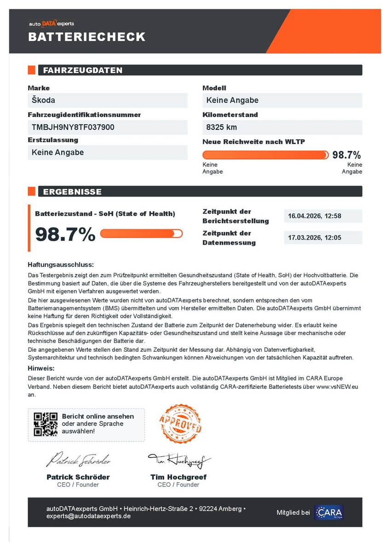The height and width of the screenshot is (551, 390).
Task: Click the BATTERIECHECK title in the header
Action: pyautogui.click(x=86, y=37)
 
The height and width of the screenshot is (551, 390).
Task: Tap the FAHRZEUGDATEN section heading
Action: pyautogui.click(x=83, y=70)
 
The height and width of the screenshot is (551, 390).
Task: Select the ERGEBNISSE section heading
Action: pyautogui.click(x=72, y=191)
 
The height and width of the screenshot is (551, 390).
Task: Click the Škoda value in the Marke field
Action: pyautogui.click(x=44, y=100)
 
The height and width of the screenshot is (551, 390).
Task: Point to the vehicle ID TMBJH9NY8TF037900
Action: pyautogui.click(x=73, y=127)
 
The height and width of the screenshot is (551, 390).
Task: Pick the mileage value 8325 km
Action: pyautogui.click(x=222, y=127)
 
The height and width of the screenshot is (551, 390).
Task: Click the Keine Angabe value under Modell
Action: pyautogui.click(x=232, y=100)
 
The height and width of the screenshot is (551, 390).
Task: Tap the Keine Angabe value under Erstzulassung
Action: pyautogui.click(x=58, y=152)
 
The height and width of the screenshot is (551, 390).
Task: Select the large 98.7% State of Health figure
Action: pyautogui.click(x=65, y=234)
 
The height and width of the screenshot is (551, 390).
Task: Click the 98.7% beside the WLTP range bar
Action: pyautogui.click(x=347, y=155)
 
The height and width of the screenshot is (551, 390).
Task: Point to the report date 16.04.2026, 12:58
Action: pyautogui.click(x=315, y=216)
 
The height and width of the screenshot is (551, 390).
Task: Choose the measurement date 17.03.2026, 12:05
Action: pyautogui.click(x=315, y=238)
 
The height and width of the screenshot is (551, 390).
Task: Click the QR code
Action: pyautogui.click(x=46, y=424)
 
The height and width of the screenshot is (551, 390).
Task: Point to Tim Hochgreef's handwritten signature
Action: pyautogui.click(x=178, y=460)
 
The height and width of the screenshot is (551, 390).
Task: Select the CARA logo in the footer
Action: pyautogui.click(x=329, y=512)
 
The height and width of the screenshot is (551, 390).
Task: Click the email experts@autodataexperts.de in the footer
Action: pyautogui.click(x=88, y=516)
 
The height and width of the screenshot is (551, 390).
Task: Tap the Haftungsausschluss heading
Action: pyautogui.click(x=61, y=265)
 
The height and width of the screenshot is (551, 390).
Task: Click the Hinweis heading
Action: pyautogui.click(x=41, y=368)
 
